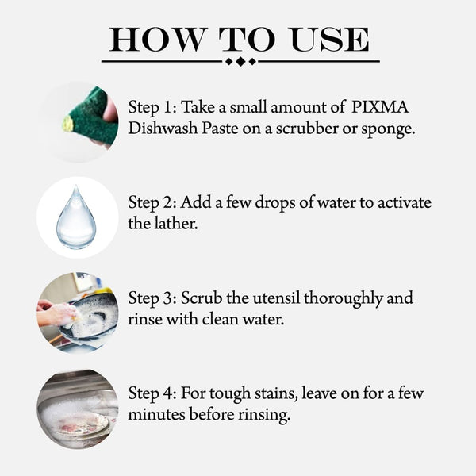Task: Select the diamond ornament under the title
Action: tap(240, 61)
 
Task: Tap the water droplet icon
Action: tap(77, 217)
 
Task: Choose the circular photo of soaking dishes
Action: tap(78, 409)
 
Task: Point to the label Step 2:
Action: tap(152, 203)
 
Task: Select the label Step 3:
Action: tap(152, 299)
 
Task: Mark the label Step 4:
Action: tap(152, 393)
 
